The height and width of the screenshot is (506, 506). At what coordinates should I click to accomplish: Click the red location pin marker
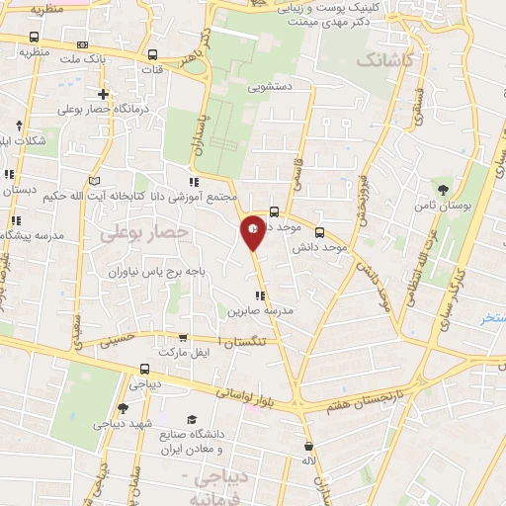point(253,230)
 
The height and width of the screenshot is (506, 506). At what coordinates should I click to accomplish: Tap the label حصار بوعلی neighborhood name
point(142,230)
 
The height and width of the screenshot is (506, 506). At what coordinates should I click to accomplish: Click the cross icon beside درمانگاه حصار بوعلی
point(104,95)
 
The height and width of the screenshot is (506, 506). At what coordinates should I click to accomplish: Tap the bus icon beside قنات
point(152,56)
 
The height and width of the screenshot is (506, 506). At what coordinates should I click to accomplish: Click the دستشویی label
point(274,86)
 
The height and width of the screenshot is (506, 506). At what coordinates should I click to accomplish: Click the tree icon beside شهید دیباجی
point(122,408)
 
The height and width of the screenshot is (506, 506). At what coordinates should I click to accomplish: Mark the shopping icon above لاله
point(309,446)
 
